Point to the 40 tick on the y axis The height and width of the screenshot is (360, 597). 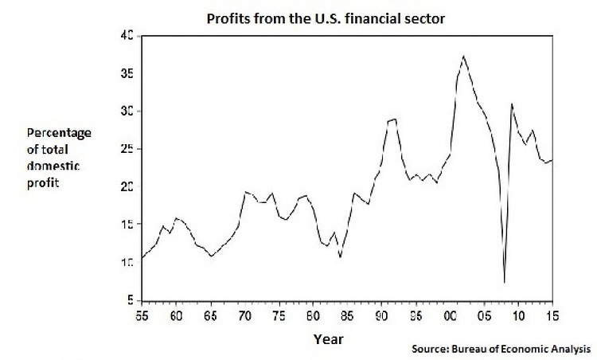126,36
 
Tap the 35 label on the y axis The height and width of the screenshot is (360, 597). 126,74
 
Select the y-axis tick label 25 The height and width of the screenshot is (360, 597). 126,149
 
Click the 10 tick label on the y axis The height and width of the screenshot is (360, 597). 126,263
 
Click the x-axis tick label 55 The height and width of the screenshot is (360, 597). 142,316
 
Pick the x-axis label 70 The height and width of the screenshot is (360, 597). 244,316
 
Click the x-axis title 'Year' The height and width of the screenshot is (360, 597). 328,338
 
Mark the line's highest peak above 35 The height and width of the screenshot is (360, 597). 464,56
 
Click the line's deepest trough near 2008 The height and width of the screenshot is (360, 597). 505,283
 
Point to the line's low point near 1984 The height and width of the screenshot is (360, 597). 340,256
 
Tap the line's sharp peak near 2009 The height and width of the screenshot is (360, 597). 512,104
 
